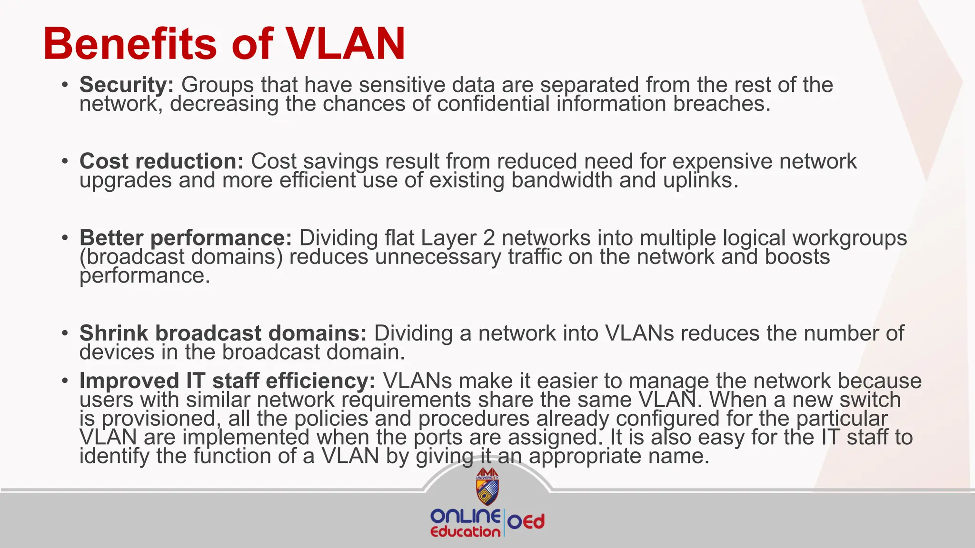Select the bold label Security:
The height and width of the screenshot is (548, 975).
[127, 85]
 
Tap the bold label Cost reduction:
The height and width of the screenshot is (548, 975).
[161, 161]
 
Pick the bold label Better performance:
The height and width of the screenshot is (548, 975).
[185, 238]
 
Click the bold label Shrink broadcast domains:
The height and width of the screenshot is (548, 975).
[223, 333]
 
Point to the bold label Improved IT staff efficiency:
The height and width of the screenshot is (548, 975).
[227, 381]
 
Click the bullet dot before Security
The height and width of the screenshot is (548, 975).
[65, 86]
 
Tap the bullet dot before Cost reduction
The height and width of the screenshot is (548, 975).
[65, 162]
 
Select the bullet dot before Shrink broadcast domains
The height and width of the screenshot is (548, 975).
[65, 333]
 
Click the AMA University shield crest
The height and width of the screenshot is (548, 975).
[487, 487]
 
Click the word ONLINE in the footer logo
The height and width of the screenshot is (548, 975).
[465, 516]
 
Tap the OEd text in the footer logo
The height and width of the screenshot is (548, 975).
[526, 522]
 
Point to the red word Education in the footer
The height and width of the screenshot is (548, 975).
[465, 532]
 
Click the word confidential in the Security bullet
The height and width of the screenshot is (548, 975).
[493, 104]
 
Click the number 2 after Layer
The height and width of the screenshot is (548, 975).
[489, 238]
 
